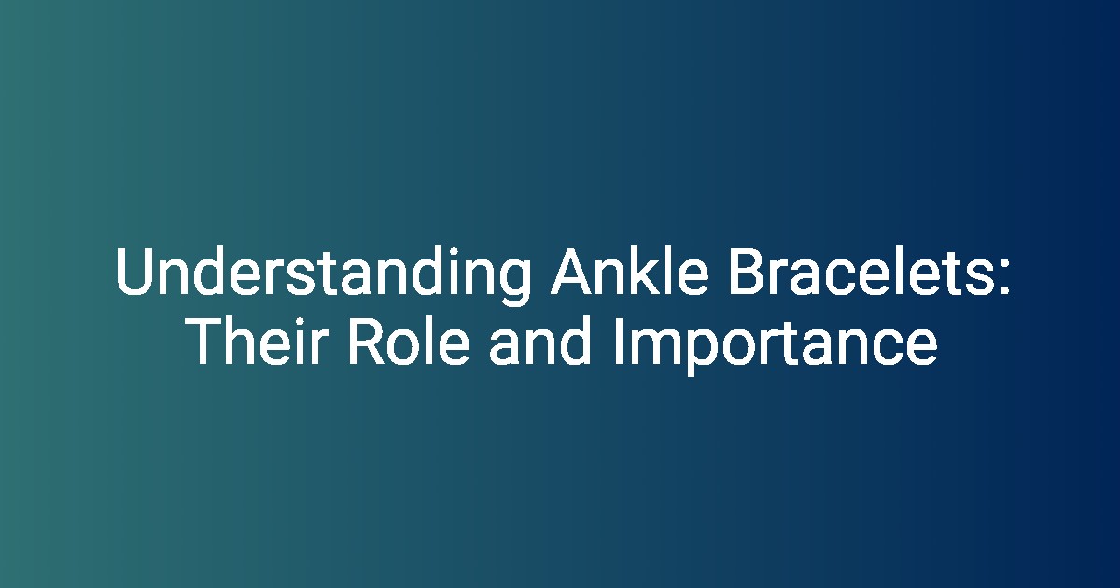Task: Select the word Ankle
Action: [x=629, y=270]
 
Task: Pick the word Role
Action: [x=409, y=341]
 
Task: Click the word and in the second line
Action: [x=540, y=341]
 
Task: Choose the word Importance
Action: [x=775, y=344]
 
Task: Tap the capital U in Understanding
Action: [x=134, y=272]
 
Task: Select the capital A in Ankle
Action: [x=571, y=271]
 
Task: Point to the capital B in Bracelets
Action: [x=747, y=271]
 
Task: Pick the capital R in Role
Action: [x=367, y=341]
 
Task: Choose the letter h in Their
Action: [x=244, y=340]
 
